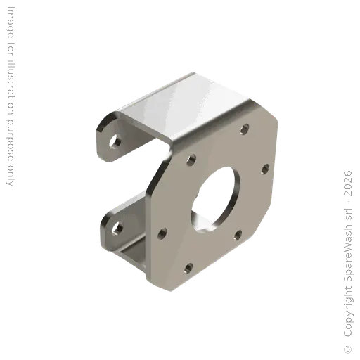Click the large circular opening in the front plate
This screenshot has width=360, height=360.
pyautogui.click(x=216, y=200)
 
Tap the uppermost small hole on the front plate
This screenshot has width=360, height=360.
pyautogui.click(x=245, y=129)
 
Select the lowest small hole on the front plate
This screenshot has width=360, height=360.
pyautogui.click(x=188, y=269)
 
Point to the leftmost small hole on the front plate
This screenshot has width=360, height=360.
pyautogui.click(x=162, y=233)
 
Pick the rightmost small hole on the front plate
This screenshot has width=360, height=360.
pyautogui.click(x=265, y=169)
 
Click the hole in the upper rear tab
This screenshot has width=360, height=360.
pyautogui.click(x=115, y=141)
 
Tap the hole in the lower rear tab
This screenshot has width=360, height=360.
pyautogui.click(x=117, y=229)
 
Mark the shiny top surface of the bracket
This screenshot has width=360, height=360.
pyautogui.click(x=185, y=105)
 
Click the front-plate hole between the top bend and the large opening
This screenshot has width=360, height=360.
pyautogui.click(x=191, y=160)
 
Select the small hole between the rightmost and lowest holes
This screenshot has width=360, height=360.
pyautogui.click(x=238, y=235)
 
